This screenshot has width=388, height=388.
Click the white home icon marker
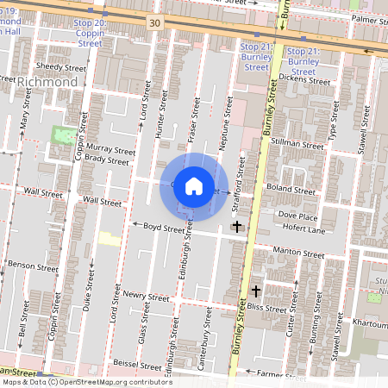point(194,185)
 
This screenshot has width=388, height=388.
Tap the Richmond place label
point(47,81)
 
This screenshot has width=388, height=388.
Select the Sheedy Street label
point(61,66)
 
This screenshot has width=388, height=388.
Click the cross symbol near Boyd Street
point(237,226)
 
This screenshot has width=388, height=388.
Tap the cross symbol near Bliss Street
point(255,291)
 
